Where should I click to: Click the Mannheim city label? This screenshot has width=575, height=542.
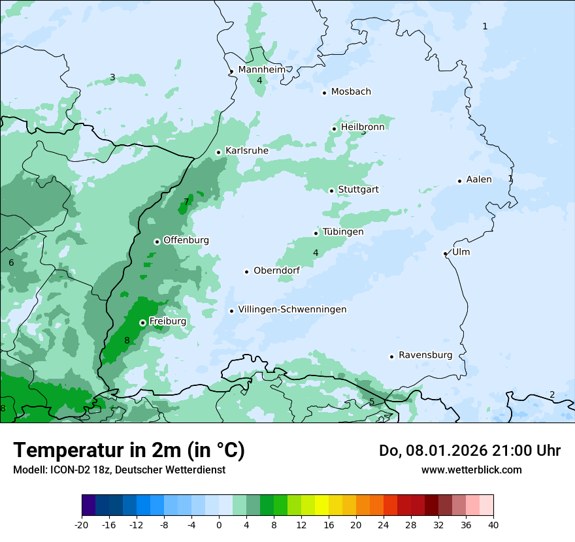(261, 70)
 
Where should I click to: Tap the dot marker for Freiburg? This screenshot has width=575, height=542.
(142, 323)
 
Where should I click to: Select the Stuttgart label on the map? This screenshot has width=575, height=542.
(358, 189)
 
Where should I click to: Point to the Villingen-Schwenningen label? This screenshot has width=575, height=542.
(292, 310)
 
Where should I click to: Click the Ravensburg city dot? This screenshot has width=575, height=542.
(392, 357)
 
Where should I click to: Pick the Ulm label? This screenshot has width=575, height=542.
(461, 252)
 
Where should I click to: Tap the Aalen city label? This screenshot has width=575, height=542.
(479, 180)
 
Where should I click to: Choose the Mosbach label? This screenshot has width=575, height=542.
(351, 91)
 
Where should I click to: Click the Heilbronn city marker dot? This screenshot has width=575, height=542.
(335, 129)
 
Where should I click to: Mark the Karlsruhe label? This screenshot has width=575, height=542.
(247, 151)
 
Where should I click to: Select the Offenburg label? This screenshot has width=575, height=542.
(186, 240)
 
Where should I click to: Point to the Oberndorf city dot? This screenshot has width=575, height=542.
(247, 272)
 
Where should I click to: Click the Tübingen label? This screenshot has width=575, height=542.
(343, 232)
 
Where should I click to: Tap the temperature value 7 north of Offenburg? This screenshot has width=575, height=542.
(186, 202)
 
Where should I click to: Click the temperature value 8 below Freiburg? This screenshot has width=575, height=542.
(127, 340)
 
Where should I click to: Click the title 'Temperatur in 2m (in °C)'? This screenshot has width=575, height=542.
(129, 450)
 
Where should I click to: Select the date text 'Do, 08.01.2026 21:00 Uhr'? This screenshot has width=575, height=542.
(470, 451)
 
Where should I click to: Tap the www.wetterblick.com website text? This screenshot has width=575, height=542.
(471, 470)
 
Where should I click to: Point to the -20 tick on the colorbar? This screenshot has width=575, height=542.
(82, 525)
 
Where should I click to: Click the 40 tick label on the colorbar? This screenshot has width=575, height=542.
(493, 525)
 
